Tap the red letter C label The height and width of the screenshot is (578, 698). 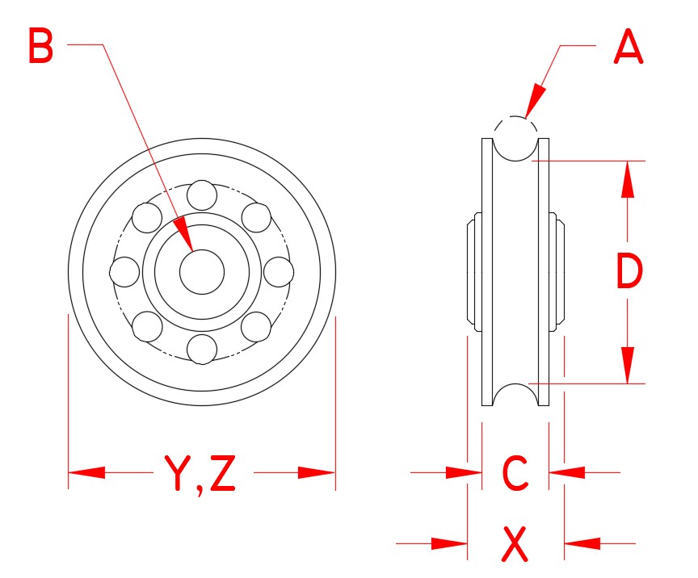(x=515, y=473)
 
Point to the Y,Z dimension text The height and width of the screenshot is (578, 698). (x=200, y=473)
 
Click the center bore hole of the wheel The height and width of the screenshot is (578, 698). (x=201, y=272)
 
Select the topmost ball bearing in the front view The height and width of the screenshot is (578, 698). (x=201, y=195)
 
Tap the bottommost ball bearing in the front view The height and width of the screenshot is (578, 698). (x=201, y=348)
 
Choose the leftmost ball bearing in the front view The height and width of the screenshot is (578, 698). (x=124, y=272)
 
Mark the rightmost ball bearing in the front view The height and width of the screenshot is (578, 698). (x=278, y=272)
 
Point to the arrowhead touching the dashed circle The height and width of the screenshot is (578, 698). (x=534, y=107)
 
